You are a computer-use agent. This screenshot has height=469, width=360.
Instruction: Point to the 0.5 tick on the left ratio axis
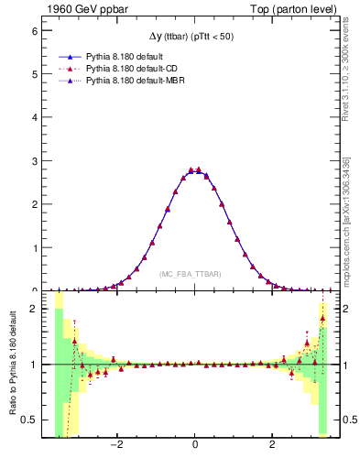28,420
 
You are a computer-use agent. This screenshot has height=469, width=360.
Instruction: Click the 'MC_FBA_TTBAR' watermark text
194,274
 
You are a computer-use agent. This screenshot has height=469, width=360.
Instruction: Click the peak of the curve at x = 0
194,170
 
